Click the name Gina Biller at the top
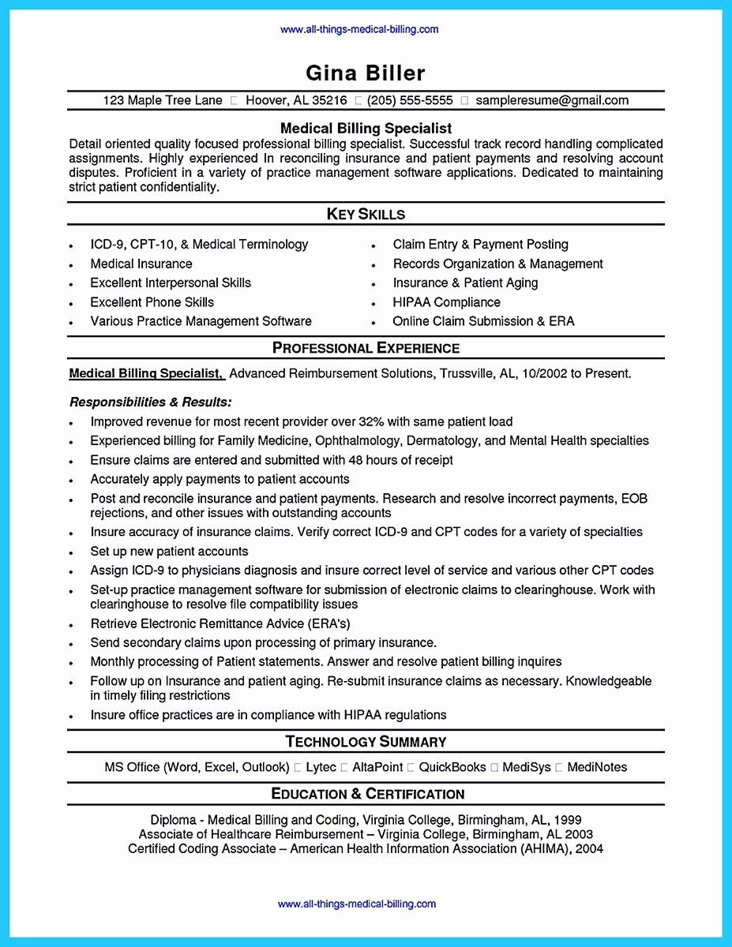click(x=366, y=73)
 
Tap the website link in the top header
click(x=359, y=29)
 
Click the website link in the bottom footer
click(x=358, y=904)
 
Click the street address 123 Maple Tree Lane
click(x=162, y=100)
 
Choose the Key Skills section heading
click(x=366, y=214)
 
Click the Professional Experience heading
click(x=366, y=348)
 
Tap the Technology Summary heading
click(x=366, y=741)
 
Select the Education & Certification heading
click(x=367, y=793)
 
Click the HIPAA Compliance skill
click(x=446, y=302)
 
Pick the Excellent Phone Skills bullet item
click(x=152, y=302)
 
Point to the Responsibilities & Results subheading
click(x=150, y=402)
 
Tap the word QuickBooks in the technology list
click(x=452, y=767)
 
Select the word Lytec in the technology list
click(x=321, y=767)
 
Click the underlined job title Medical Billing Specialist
click(x=146, y=373)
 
